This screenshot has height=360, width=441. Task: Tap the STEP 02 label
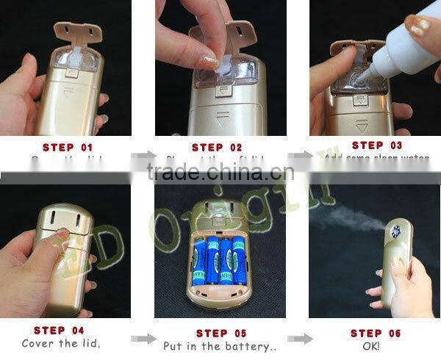click(218, 147)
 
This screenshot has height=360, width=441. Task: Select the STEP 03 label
click(377, 145)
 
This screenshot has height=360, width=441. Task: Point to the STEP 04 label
click(59, 331)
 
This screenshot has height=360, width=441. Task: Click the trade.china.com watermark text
click(220, 173)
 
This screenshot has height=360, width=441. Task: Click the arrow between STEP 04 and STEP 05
click(143, 339)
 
